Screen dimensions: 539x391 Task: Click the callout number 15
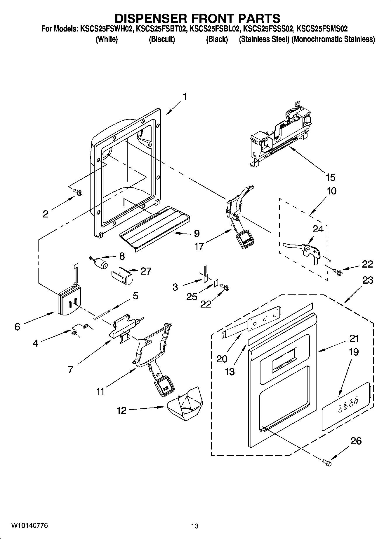pyautogui.click(x=331, y=177)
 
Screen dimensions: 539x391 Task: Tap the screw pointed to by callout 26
pyautogui.click(x=327, y=462)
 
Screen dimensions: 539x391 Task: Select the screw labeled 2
pyautogui.click(x=78, y=192)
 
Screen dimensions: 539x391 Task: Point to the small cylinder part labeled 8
pyautogui.click(x=100, y=262)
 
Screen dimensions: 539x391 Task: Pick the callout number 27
pyautogui.click(x=146, y=271)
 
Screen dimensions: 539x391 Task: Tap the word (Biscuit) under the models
pyautogui.click(x=162, y=39)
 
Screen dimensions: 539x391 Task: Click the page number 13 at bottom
pyautogui.click(x=195, y=526)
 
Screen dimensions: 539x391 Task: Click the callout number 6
pyautogui.click(x=17, y=327)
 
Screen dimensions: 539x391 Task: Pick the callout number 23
pyautogui.click(x=368, y=280)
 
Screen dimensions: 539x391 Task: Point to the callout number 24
pyautogui.click(x=318, y=229)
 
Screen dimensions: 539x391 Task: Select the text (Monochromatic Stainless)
pyautogui.click(x=333, y=39)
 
